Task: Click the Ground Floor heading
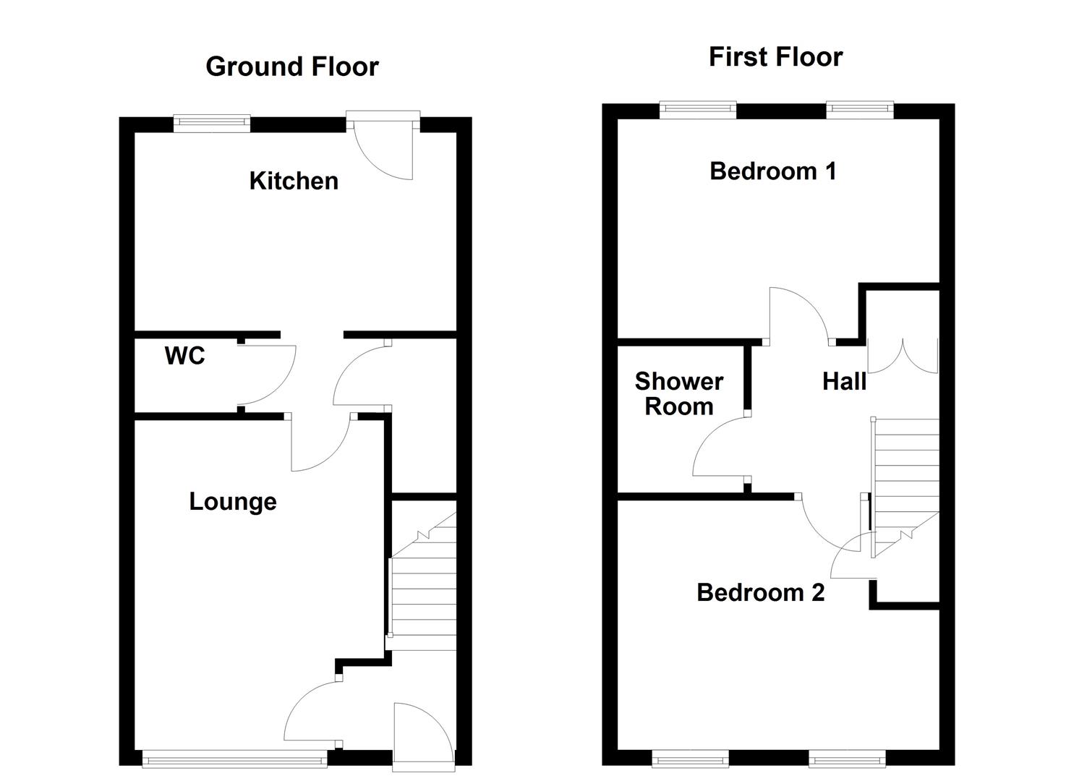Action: coord(292,67)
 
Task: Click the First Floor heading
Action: coord(775,57)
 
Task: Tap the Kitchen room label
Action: coord(294,181)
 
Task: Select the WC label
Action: coord(185,356)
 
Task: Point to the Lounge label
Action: coord(233,502)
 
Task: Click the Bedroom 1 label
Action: coord(773,171)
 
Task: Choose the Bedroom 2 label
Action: coord(760,593)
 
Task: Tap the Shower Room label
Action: coord(678,394)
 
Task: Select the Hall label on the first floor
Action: coord(844,382)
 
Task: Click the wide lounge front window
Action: coord(234,758)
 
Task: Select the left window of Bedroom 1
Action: coord(698,109)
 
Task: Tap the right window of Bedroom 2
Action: coord(846,758)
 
